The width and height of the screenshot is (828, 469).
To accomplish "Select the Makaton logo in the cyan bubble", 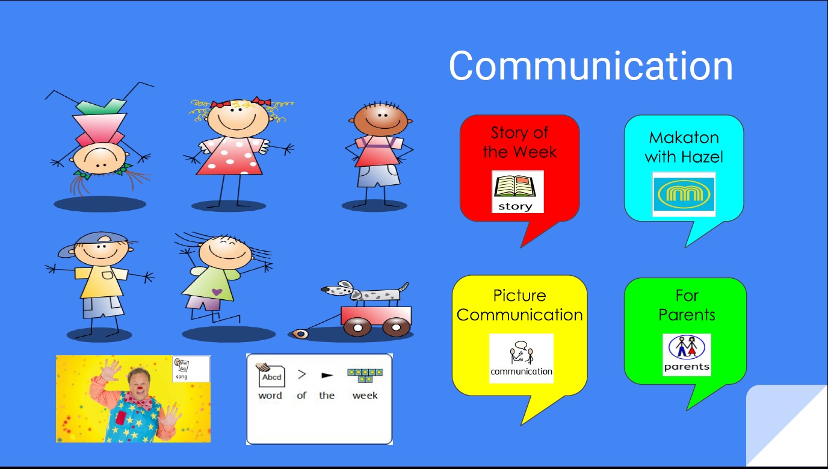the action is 684,194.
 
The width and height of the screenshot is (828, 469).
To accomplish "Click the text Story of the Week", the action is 520,143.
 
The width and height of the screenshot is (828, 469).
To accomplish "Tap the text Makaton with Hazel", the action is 684,148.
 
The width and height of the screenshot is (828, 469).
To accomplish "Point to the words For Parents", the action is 687,305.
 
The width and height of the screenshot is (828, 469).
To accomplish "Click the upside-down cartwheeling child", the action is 99,140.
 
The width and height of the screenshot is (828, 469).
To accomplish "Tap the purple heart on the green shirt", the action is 217,292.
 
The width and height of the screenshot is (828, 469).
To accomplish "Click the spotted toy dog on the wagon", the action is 364,292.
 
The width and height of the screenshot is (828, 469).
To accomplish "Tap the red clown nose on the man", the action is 140,388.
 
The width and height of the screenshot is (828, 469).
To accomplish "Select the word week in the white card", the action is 365,396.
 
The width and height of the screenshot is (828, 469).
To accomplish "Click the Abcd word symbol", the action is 271,374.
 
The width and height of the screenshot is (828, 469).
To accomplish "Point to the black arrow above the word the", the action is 327,376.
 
